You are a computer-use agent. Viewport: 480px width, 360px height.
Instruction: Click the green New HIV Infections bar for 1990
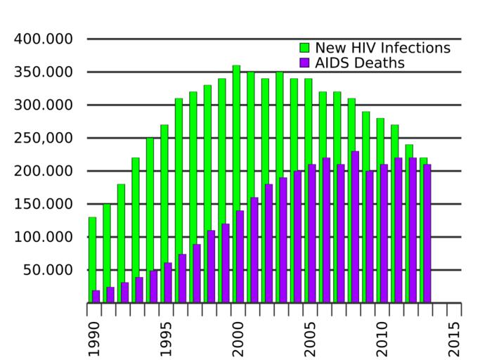(92, 260)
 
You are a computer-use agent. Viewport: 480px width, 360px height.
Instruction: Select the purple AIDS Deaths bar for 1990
(96, 297)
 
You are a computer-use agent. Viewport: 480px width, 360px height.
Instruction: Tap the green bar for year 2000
(236, 183)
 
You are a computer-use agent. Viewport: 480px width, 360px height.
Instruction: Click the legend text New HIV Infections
(382, 48)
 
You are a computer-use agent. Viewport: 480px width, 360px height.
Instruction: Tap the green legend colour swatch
(305, 48)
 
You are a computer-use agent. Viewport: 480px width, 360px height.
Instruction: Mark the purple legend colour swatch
(305, 63)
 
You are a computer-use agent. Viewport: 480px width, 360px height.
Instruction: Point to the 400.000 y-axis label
(44, 39)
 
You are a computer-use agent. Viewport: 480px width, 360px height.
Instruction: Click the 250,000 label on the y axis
(44, 138)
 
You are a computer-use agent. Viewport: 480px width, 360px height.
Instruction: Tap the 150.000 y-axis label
(44, 204)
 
